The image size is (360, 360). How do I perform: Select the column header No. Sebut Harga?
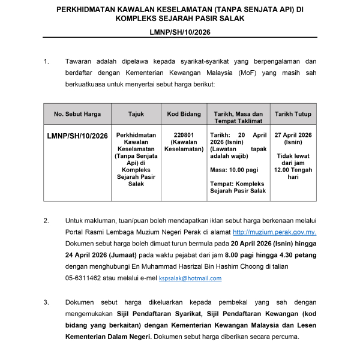[77, 113]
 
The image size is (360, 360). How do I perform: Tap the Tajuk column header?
[136, 113]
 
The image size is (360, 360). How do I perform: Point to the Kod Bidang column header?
[184, 113]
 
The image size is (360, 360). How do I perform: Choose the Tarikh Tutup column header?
[293, 113]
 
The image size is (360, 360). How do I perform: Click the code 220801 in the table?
[184, 136]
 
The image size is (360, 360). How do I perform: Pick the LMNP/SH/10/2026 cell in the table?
[77, 136]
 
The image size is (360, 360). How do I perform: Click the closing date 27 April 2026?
[293, 136]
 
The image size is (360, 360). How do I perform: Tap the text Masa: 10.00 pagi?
[235, 170]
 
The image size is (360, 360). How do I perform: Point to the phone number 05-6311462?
[88, 278]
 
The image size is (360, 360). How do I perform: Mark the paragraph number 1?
[46, 62]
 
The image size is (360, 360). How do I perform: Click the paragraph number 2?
[46, 221]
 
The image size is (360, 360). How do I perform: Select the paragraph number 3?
[46, 302]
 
